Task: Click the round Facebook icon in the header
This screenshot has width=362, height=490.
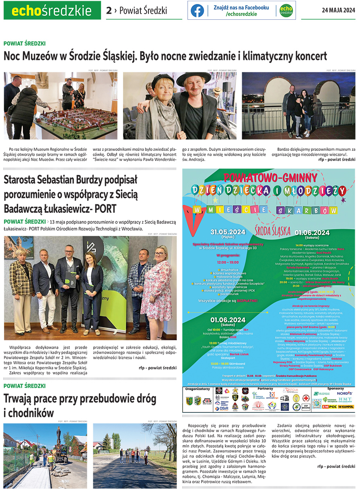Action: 197,11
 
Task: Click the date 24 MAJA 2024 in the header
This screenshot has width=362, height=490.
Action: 338,10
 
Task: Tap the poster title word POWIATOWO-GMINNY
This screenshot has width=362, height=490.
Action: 268,177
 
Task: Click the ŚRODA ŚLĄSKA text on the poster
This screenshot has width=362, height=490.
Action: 272,231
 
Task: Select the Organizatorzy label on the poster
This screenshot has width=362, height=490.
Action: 198,389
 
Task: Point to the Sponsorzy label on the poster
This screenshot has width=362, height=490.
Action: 336,389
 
